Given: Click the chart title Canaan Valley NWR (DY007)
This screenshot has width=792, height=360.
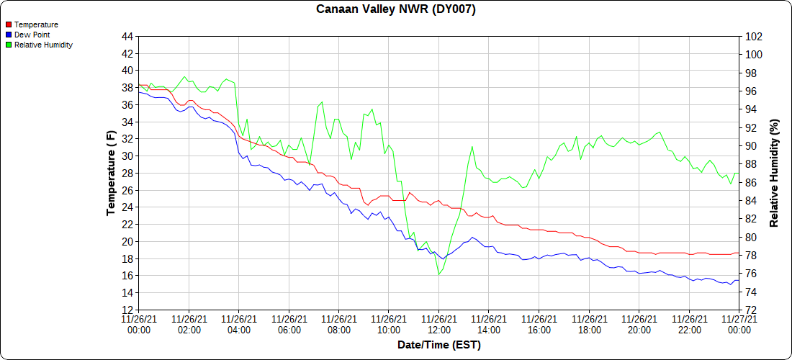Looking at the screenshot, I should tap(396, 9).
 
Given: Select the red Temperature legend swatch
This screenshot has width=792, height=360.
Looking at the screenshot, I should tap(9, 25).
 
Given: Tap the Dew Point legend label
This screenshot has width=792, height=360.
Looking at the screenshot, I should tap(32, 35).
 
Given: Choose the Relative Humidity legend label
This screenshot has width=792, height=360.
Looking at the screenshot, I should tap(43, 45).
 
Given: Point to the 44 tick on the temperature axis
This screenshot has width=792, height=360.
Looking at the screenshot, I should tap(127, 37).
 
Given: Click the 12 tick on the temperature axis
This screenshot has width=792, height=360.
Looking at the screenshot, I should tap(127, 310).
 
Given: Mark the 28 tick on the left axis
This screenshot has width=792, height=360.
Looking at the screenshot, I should tap(127, 173).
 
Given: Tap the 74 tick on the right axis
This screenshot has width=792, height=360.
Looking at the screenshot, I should tap(751, 292).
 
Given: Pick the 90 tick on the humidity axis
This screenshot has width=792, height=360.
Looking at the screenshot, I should tap(751, 146).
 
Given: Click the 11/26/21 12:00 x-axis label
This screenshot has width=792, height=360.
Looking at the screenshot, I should tap(438, 324).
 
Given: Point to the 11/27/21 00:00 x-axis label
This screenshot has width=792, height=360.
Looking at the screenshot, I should tap(739, 324).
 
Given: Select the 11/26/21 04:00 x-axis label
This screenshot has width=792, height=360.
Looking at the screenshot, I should tap(239, 324).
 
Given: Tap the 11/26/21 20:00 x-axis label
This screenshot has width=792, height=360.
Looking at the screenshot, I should tap(639, 324).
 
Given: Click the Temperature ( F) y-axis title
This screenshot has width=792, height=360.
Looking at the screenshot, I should tap(111, 173).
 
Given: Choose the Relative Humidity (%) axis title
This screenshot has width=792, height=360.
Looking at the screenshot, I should tap(775, 173).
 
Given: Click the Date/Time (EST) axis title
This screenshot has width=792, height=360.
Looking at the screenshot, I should tap(438, 345).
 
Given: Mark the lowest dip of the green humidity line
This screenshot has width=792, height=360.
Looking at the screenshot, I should tap(438, 274).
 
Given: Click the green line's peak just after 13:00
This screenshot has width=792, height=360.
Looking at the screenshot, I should tap(472, 147).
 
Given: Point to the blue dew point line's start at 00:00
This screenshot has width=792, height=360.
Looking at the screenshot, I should tap(139, 92).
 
